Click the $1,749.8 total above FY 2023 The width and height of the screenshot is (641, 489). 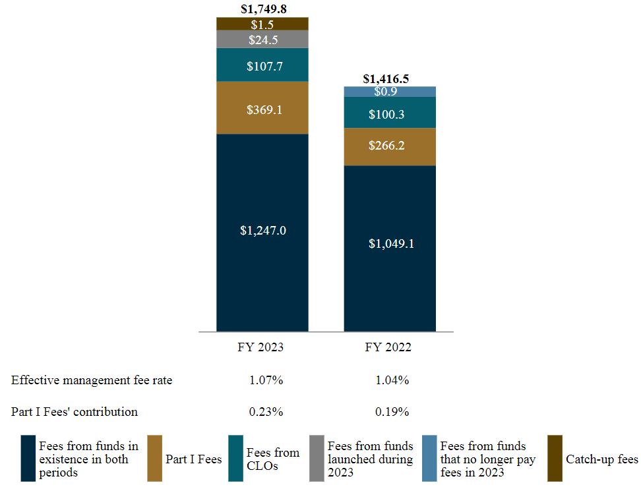point(262,9)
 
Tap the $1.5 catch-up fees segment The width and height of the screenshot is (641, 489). point(262,24)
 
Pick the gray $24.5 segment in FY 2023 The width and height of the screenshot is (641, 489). point(262,40)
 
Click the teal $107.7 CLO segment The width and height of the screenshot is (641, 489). point(262,65)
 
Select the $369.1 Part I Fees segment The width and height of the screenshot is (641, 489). point(262,108)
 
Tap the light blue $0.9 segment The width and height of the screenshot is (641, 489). point(389,92)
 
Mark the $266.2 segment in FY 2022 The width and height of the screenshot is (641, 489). point(389,146)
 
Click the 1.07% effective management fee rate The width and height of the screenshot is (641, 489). point(266,380)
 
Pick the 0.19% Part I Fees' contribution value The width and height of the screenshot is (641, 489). point(392,412)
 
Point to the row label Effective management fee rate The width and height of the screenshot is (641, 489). point(92,380)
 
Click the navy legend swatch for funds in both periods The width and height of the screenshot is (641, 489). point(28,458)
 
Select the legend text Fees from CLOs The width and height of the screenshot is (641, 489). point(272,459)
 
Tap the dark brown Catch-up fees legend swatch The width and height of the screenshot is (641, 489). point(555,458)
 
